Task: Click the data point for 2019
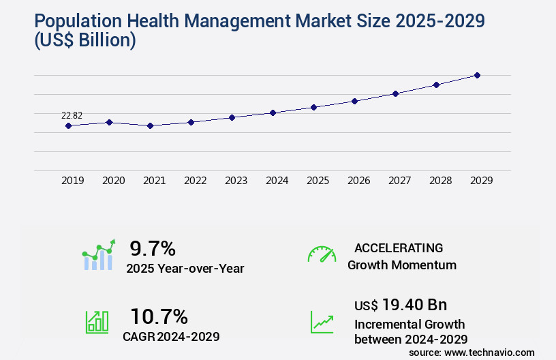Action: (x=68, y=125)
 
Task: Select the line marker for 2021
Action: (x=150, y=125)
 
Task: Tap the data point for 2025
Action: (x=313, y=107)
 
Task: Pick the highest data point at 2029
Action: (x=477, y=75)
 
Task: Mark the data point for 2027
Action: (x=395, y=93)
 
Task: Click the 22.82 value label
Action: (x=72, y=116)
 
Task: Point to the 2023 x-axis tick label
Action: (x=236, y=181)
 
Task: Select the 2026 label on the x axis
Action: (x=358, y=181)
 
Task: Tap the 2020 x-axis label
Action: (x=113, y=181)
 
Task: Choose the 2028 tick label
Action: (x=440, y=181)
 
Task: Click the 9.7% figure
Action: (x=153, y=248)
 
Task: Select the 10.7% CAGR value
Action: (x=159, y=316)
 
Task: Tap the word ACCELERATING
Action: (x=399, y=247)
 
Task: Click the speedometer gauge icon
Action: (x=322, y=254)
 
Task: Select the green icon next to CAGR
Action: (x=97, y=322)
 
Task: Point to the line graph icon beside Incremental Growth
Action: (x=322, y=322)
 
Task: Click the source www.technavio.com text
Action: (x=472, y=352)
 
